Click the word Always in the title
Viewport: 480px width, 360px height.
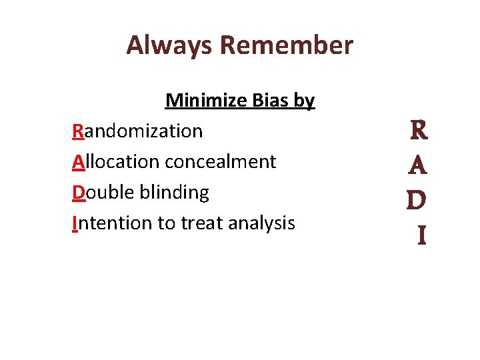coord(169,45)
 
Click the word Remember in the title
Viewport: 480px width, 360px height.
coord(286,45)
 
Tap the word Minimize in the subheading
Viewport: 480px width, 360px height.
coord(207,100)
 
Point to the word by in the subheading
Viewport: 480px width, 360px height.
coord(305,101)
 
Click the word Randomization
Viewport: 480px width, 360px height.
coord(137,131)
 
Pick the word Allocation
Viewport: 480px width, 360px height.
coord(115,161)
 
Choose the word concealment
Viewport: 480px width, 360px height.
coord(220,161)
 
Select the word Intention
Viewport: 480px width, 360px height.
coord(112,223)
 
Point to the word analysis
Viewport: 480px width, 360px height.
coord(261,223)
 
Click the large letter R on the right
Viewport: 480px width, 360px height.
coord(419,130)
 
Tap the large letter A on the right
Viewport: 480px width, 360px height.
coord(417,165)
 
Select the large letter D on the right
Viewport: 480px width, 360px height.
coord(417,200)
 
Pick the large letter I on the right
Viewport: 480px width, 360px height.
coord(421,235)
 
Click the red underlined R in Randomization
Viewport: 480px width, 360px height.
coord(78,131)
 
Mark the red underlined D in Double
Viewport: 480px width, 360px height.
coord(79,192)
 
